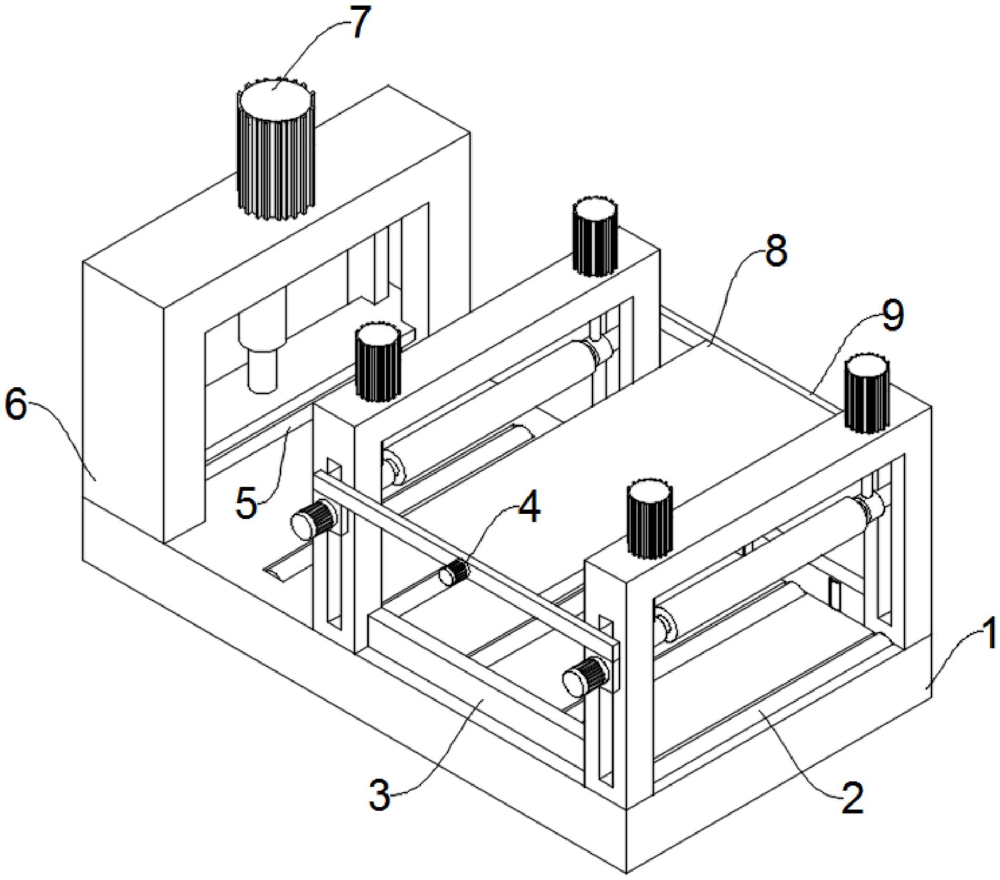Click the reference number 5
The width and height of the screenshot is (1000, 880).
(x=246, y=504)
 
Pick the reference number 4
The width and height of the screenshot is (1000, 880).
(x=529, y=508)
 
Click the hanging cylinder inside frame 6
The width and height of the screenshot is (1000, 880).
(x=262, y=370)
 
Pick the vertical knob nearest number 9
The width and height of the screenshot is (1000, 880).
(x=866, y=393)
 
